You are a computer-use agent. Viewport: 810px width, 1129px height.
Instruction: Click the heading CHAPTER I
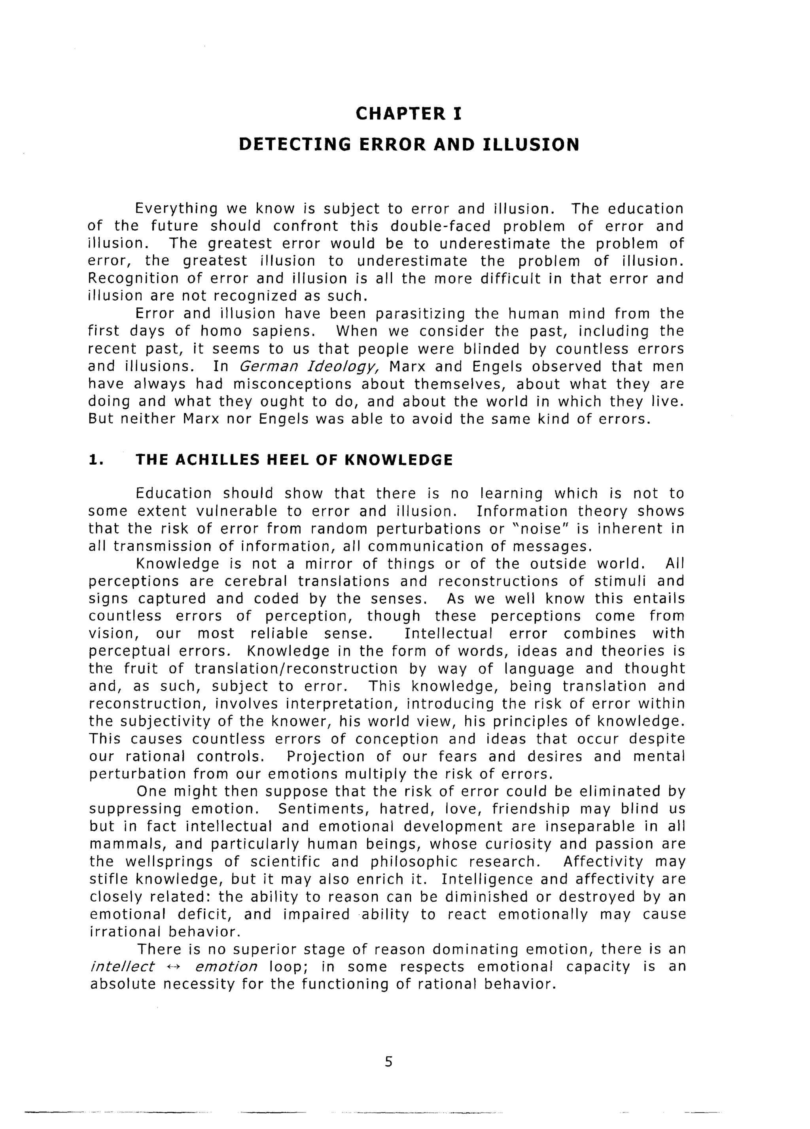point(408,114)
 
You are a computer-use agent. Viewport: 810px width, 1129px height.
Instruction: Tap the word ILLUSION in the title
point(531,145)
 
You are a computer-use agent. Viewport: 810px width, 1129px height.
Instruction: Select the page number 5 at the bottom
point(388,1062)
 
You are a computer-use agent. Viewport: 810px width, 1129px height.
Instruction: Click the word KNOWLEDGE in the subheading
point(398,460)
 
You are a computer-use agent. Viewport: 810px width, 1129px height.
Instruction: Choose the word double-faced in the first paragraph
point(440,227)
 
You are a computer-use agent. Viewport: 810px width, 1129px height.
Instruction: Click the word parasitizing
point(420,314)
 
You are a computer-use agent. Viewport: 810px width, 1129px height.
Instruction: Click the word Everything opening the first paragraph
point(177,208)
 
